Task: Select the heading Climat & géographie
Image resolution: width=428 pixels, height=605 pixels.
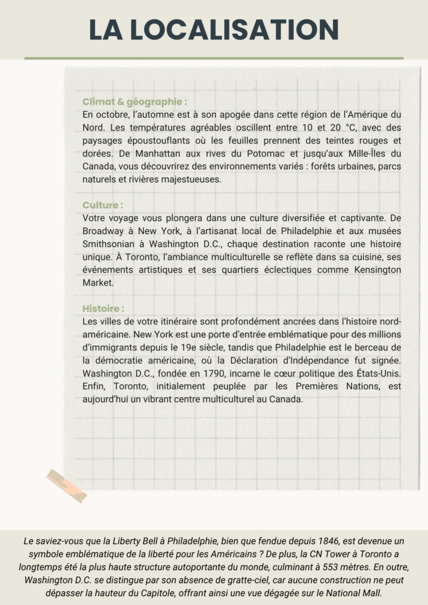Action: [x=135, y=102]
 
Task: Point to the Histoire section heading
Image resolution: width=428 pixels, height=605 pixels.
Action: [x=103, y=308]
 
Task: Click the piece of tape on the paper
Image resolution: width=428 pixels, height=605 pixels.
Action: [x=67, y=485]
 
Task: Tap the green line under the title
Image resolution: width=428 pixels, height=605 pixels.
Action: [x=213, y=58]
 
